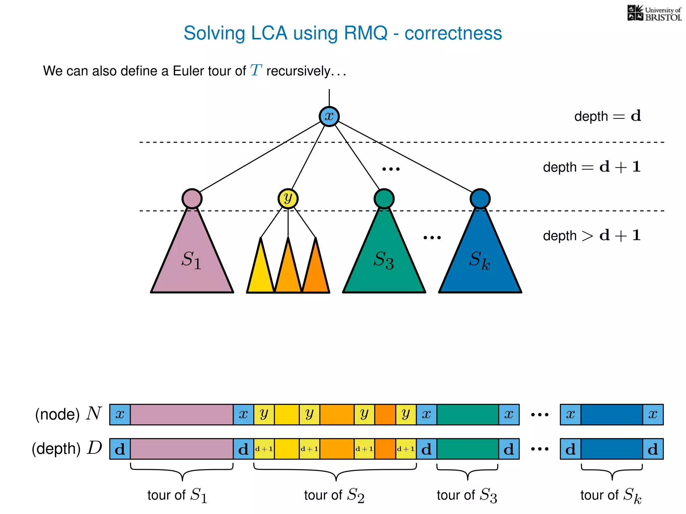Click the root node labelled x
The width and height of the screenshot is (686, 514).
point(329,116)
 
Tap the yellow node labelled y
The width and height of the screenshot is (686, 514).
point(288,199)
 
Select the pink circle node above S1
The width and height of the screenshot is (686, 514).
point(192,199)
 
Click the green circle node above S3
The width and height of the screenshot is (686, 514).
point(384,199)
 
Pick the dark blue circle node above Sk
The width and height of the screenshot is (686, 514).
point(480,199)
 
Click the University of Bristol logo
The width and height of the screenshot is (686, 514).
point(654,13)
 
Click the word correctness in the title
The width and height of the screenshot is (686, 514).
point(453,33)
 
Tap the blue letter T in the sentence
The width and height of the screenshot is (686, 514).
point(256,71)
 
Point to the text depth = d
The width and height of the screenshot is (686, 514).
point(607,116)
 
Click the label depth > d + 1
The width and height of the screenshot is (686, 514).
point(592,236)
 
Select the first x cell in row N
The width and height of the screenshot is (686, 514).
point(120,415)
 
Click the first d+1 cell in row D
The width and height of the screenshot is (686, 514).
point(264,449)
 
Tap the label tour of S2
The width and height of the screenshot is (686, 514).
point(334,495)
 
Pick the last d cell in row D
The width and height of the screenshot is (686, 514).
point(653,449)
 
